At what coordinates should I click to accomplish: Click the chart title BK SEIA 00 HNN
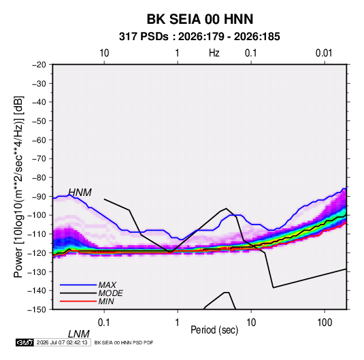coord(200,19)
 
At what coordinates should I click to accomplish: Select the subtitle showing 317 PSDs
coord(199,37)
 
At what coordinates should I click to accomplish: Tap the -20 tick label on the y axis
coord(39,65)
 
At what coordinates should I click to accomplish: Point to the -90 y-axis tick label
coord(39,197)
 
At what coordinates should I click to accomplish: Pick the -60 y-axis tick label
coord(39,140)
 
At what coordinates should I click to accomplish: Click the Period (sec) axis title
coord(214,330)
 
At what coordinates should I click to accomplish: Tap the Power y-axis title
coord(18,187)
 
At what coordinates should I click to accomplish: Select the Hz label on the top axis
coord(214,53)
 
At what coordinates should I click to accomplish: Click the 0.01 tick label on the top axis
coord(324,53)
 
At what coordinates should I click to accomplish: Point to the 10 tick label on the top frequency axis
coord(104,53)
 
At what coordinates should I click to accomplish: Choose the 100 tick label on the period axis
coord(325,323)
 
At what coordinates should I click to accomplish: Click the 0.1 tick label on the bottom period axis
coord(103,323)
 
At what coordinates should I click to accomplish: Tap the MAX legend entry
coord(107,285)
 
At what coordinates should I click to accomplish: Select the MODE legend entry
coord(110,293)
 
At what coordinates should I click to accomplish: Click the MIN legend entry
coord(106,301)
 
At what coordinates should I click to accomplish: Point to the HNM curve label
coord(80,193)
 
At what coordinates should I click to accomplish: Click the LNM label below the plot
coord(78,334)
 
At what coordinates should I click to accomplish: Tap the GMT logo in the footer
coord(24,342)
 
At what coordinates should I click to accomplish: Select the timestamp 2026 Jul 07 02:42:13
coord(62,342)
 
